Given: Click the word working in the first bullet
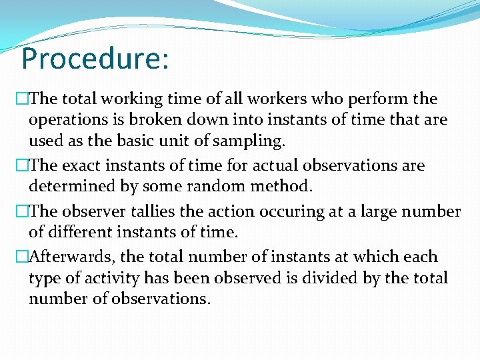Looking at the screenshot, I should click(x=129, y=100).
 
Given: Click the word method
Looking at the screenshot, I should click(x=280, y=186).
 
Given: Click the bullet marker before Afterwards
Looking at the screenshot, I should click(x=23, y=257).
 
